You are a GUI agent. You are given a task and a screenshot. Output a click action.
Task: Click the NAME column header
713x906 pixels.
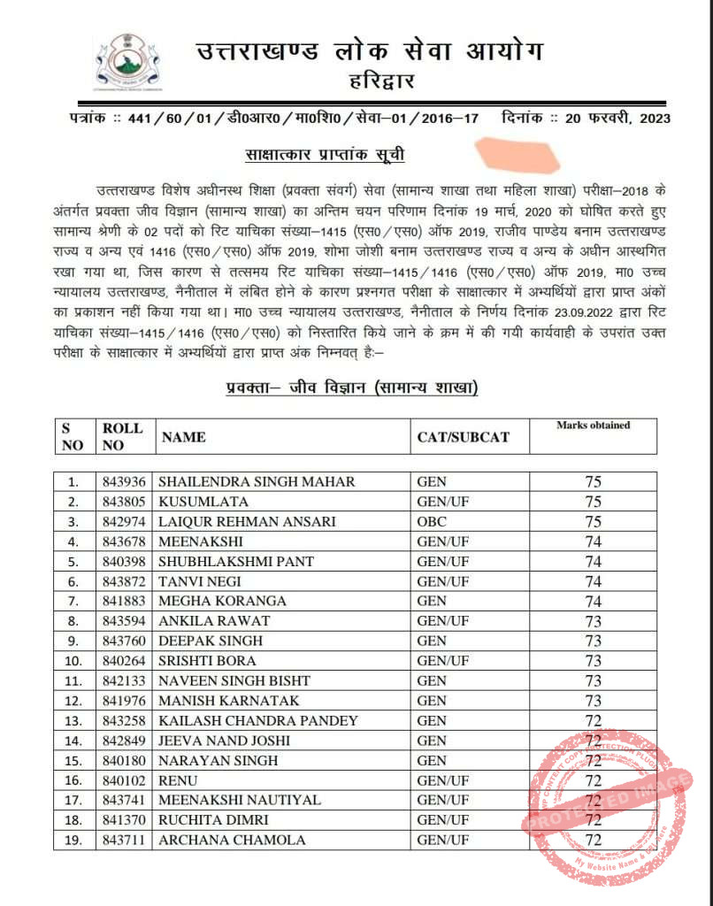pos(183,436)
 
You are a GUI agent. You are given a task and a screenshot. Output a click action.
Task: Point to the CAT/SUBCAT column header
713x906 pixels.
pos(464,436)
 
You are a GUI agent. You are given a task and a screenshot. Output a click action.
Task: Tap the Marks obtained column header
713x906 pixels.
pos(593,426)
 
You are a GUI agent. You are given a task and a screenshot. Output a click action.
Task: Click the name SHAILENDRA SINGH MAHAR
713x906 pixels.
pos(257,482)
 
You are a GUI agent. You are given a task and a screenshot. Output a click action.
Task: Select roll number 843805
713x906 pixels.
pos(124,502)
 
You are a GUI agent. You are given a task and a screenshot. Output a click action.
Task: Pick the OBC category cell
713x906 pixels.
pos(432,522)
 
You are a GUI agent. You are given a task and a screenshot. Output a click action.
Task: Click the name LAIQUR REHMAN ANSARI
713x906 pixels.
pos(247,522)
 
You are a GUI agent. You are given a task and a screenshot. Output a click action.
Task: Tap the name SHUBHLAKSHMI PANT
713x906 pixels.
pos(235,562)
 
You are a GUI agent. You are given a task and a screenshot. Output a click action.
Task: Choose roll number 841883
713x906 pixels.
pos(124,602)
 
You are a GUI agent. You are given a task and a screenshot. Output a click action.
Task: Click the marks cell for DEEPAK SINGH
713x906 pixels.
pos(594,641)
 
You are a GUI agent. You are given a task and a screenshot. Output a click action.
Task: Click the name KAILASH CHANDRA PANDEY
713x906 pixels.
pos(253,721)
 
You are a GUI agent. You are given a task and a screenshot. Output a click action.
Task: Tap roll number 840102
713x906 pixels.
pos(124,780)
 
